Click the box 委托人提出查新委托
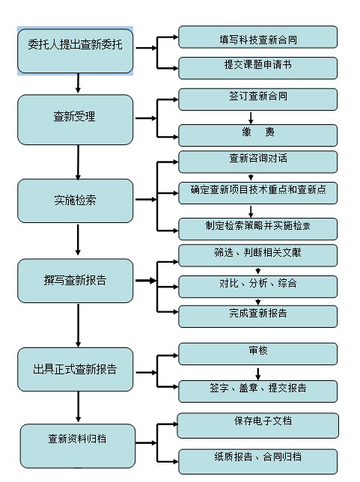coord(76,51)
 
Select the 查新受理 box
coord(76,120)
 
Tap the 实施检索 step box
coord(76,201)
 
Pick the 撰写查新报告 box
coord(76,281)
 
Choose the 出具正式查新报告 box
coord(76,370)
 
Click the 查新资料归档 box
coord(78,446)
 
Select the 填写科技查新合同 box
coord(258,37)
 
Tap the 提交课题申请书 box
coord(258,68)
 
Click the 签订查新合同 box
coord(258,100)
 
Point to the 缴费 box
coord(258,135)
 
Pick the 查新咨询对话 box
coord(258,162)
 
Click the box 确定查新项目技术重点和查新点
coord(258,193)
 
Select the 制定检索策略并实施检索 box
coord(258,229)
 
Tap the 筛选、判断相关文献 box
coord(258,255)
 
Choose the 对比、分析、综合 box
coord(258,287)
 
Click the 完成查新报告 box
coord(258,317)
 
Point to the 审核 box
coord(258,354)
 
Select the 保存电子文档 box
coord(258,425)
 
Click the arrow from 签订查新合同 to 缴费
coord(251,118)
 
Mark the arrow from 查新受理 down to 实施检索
coord(78,162)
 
